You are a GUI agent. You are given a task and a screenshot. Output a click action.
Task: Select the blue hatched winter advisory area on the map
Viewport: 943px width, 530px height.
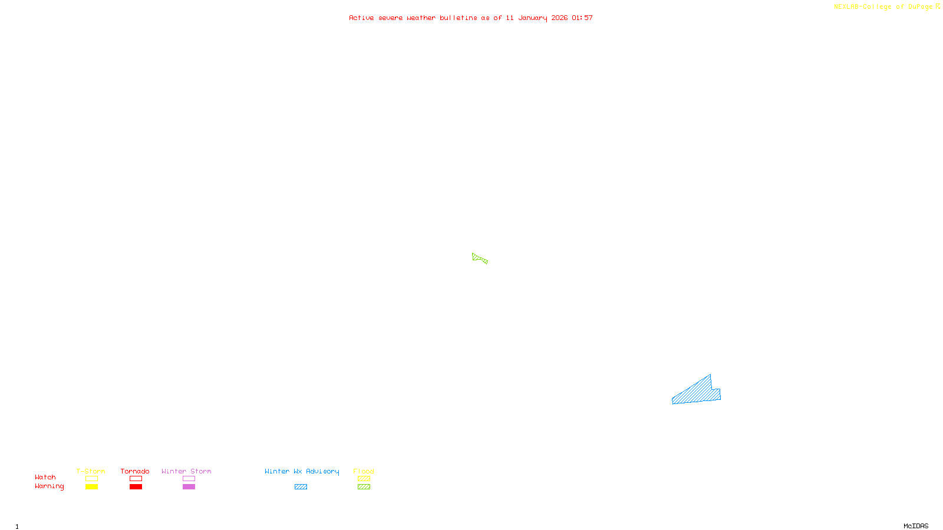tap(698, 392)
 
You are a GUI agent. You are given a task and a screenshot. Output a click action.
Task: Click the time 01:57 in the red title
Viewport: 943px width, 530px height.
tap(582, 18)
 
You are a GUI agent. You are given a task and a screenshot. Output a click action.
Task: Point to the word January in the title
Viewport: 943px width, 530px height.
tap(532, 18)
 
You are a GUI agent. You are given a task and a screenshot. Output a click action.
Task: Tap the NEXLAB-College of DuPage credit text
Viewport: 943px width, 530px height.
tap(883, 6)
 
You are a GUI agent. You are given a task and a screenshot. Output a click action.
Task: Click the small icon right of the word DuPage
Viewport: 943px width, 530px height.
tap(938, 6)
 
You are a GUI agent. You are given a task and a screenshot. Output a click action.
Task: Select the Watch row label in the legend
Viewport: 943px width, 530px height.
tap(45, 477)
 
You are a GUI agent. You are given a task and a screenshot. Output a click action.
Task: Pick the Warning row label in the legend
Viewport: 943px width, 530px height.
tap(49, 486)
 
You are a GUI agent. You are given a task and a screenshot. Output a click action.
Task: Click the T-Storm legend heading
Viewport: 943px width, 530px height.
tap(91, 471)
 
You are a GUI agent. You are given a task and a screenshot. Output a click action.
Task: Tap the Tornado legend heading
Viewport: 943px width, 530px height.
tap(135, 471)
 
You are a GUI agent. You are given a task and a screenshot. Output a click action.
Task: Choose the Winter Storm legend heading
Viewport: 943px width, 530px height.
tap(186, 471)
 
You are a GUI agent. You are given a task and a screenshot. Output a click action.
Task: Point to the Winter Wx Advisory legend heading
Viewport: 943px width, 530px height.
tap(302, 471)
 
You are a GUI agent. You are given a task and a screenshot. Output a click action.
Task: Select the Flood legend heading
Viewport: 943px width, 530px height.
tap(364, 471)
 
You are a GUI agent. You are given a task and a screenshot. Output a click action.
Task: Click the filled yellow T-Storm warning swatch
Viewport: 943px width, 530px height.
tap(91, 487)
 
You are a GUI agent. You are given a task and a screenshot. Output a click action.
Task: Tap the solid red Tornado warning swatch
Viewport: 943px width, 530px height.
tap(136, 487)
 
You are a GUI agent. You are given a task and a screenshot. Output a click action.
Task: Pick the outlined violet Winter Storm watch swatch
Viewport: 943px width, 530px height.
tap(189, 479)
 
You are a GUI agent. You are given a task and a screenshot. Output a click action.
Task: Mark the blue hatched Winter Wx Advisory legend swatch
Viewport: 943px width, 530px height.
tap(301, 487)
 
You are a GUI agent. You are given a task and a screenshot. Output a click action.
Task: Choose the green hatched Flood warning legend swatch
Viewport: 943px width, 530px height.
tap(364, 487)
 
